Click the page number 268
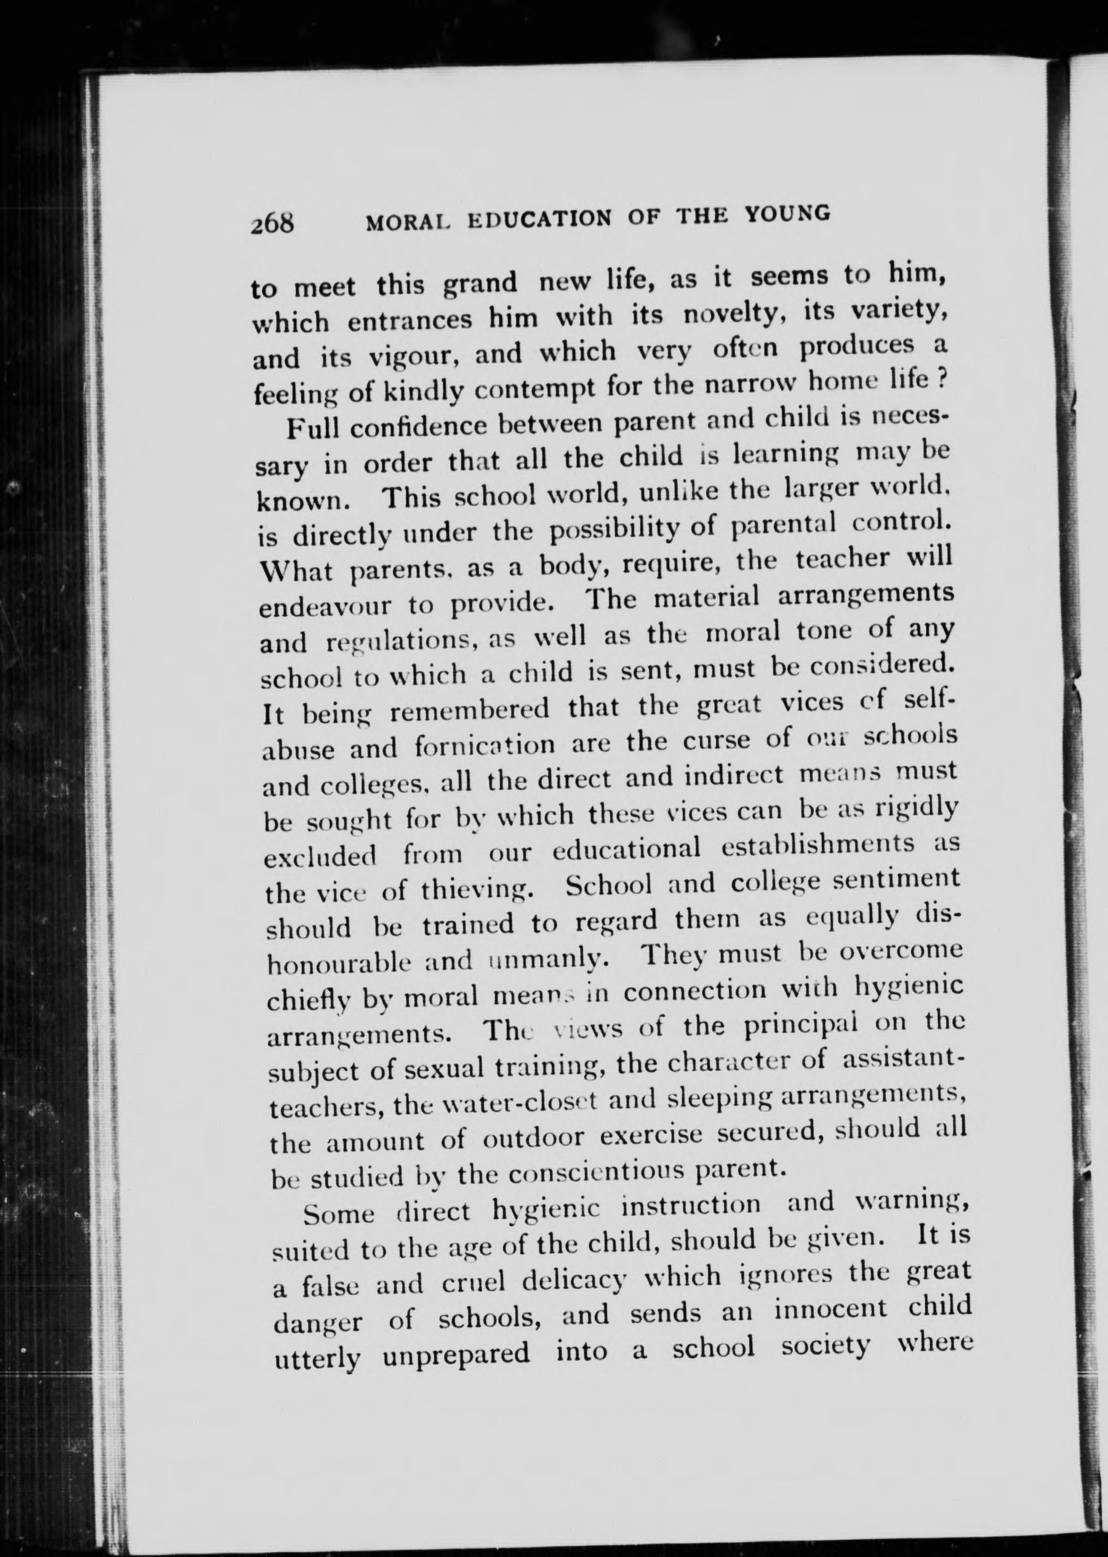pos(271,224)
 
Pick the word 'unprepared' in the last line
pos(456,1354)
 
